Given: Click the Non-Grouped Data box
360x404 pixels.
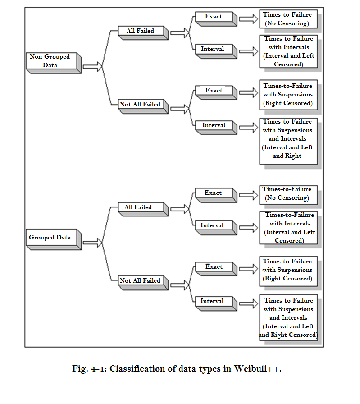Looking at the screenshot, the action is tap(54, 63).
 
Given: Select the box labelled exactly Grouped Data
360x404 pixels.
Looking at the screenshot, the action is tap(54, 239).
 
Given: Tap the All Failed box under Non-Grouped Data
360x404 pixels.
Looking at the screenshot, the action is tap(143, 33).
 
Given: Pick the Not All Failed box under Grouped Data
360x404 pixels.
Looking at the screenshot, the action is tap(143, 283).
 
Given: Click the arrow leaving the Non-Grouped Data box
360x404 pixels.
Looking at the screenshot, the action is tap(92, 66).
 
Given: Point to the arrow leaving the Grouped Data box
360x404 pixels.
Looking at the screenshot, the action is tap(92, 243).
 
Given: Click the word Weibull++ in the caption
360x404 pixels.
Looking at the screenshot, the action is tap(257, 369).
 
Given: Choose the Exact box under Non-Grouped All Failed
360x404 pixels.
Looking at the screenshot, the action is tap(216, 19).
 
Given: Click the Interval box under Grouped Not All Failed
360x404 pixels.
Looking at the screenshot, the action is tap(216, 303).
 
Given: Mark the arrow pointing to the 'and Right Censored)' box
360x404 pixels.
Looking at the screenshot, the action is tap(249, 303).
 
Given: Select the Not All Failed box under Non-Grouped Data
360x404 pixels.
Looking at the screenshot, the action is tap(143, 106).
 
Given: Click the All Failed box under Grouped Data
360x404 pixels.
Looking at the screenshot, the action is tap(143, 209).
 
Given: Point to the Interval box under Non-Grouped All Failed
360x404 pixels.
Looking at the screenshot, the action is tap(216, 51).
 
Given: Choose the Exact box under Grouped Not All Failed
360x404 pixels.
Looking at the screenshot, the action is tap(216, 269).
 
